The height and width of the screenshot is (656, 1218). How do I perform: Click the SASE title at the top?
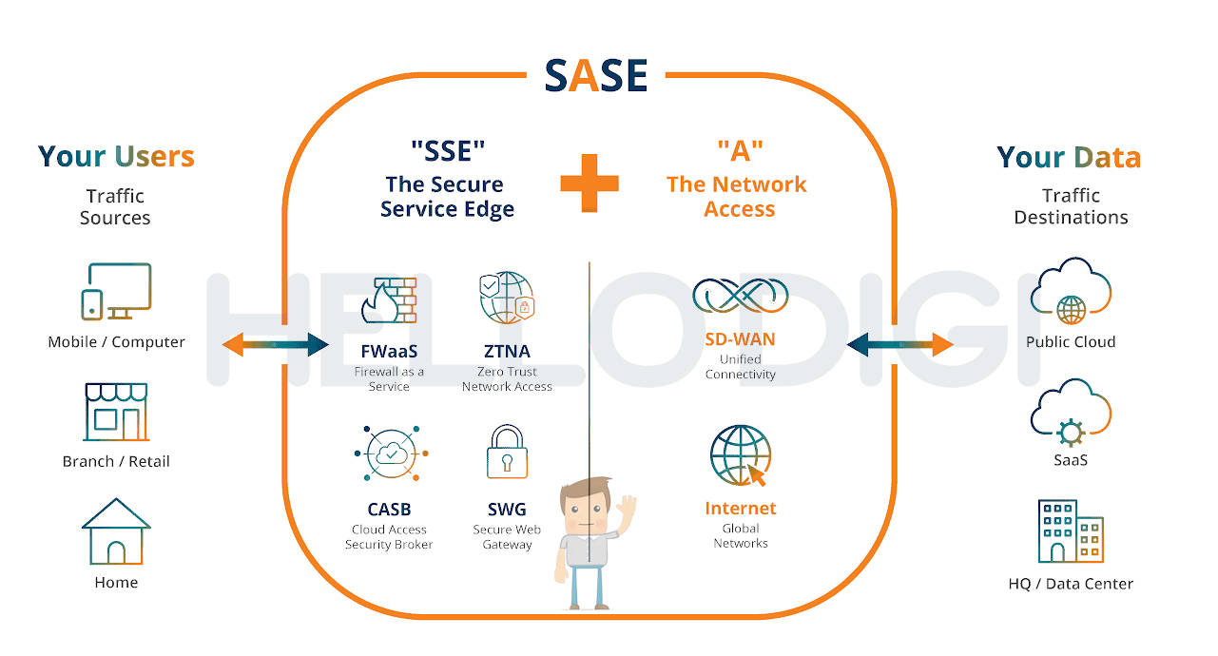pos(596,75)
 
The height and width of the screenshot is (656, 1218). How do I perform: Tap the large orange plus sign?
pos(590,183)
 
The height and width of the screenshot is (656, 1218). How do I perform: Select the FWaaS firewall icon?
pos(389,300)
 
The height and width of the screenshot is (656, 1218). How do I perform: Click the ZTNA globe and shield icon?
pos(507,298)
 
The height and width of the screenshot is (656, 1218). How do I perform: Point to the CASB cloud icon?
pos(392,453)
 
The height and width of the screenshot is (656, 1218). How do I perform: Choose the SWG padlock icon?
pos(507,451)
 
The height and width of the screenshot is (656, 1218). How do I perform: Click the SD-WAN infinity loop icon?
pos(740,295)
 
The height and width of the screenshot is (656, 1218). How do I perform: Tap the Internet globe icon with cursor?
pos(741,455)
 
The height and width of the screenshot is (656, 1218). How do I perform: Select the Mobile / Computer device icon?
pos(116,292)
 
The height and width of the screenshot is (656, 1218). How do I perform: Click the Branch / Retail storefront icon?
pos(116,412)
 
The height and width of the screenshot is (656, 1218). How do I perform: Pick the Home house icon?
pos(116,531)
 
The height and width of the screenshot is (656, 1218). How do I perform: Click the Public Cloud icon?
pos(1071,291)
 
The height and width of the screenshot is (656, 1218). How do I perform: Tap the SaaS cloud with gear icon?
pos(1071,412)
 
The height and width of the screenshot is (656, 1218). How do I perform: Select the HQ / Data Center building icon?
pos(1071,531)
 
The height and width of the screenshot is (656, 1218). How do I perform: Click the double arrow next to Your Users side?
pos(276,344)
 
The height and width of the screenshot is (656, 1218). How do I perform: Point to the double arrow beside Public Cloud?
pos(900,344)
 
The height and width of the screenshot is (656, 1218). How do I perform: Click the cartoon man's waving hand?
pos(627,512)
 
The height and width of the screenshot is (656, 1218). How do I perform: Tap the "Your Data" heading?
pos(1069,158)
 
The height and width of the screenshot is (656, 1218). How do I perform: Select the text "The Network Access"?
pos(737,196)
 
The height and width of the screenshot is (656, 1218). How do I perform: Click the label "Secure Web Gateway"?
pos(507,537)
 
